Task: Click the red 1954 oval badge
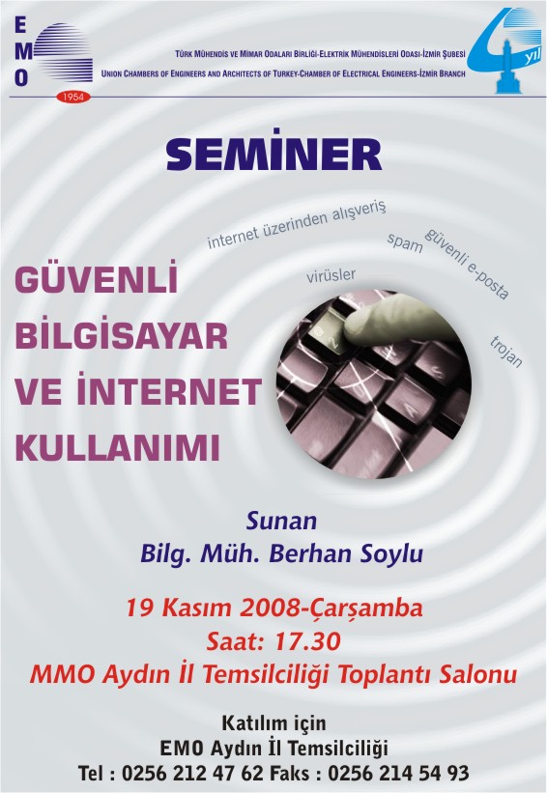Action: pos(72,96)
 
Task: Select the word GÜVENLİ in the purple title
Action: pos(96,277)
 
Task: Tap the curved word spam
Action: pos(405,242)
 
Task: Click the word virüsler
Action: pos(331,275)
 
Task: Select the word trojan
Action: pos(506,351)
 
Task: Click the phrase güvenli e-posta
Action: pos(467,263)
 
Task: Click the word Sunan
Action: pos(281,521)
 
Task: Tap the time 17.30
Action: pos(307,641)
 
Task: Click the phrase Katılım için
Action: pos(273,723)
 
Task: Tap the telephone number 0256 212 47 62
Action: pos(192,773)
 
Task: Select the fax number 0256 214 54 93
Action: pos(398,773)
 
